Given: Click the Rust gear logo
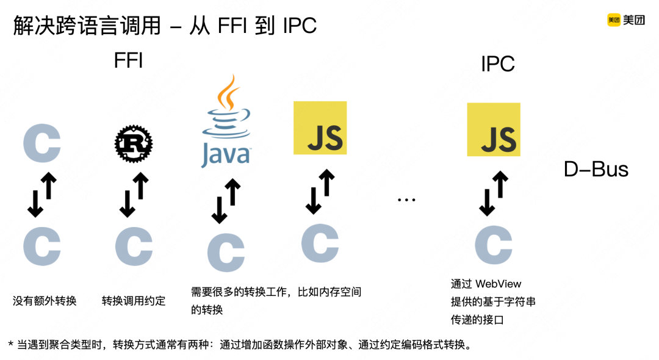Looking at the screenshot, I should click(134, 143).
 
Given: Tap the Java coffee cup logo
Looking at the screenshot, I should click(226, 122).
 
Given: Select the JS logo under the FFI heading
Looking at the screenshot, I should click(320, 128).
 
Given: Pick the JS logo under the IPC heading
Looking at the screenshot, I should click(494, 129).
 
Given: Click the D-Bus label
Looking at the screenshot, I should click(596, 170).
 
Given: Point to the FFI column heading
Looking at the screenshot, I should click(128, 61).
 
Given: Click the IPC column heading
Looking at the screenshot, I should click(498, 63).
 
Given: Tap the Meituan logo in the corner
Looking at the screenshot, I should click(625, 20).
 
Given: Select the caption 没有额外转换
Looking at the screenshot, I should click(45, 301).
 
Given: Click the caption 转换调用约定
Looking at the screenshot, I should click(134, 301).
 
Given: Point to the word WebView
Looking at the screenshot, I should click(499, 284).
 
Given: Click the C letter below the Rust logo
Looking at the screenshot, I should click(134, 247).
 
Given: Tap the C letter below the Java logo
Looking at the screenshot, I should click(226, 252).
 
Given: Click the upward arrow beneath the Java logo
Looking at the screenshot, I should click(233, 193).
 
